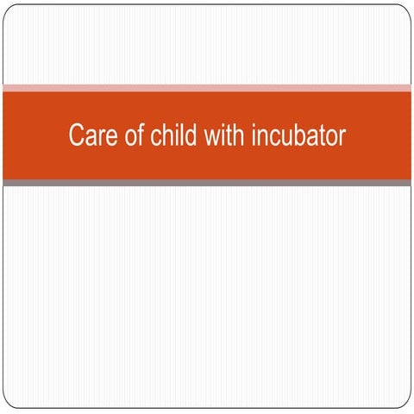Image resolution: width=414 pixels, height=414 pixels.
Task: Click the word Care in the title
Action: pyautogui.click(x=89, y=136)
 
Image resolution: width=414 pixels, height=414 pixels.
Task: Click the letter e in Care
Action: pyautogui.click(x=105, y=136)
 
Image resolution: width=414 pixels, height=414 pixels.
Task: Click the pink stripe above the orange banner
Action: pyautogui.click(x=207, y=88)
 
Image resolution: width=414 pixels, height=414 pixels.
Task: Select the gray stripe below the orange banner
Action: pyautogui.click(x=207, y=182)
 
